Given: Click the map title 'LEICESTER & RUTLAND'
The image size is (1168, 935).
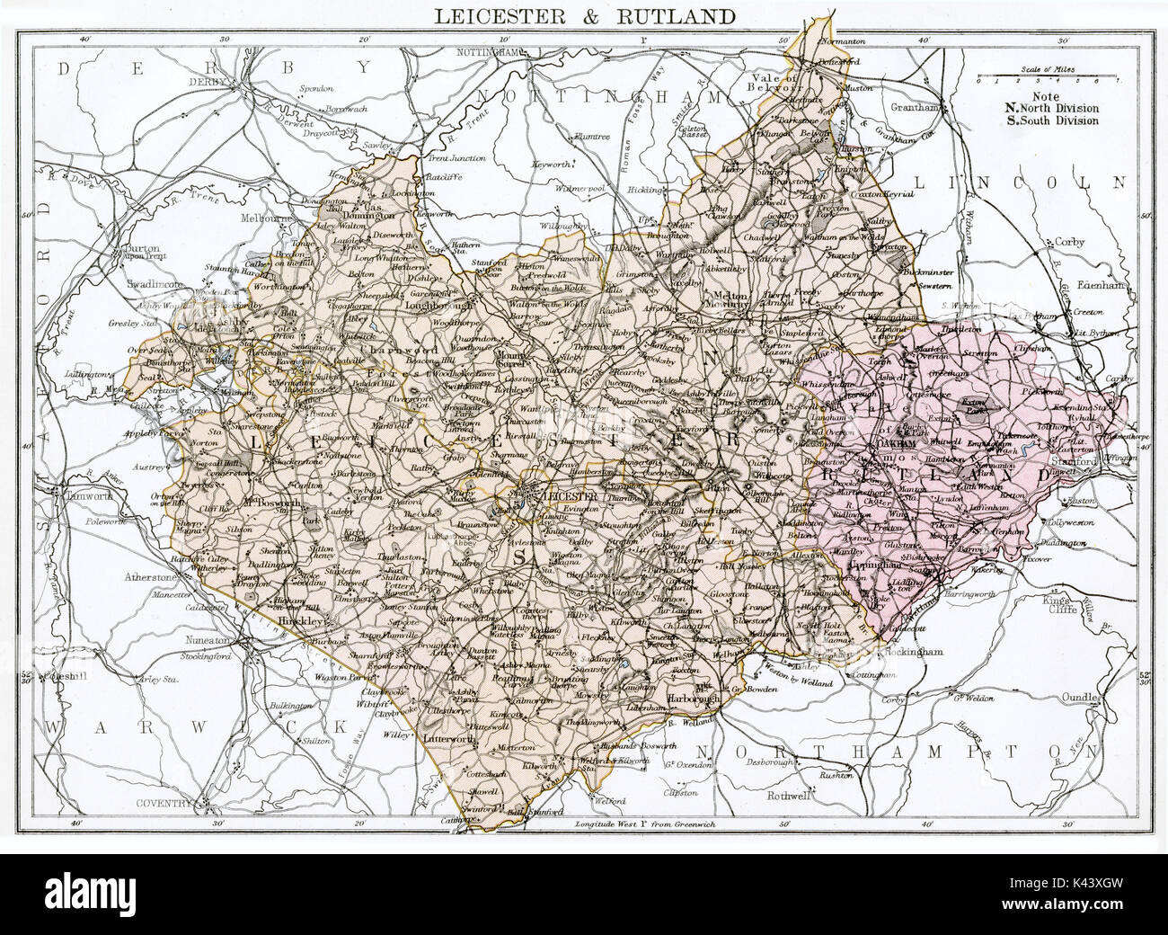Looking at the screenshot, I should point(584,16).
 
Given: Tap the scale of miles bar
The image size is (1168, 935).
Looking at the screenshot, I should point(1037,79).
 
